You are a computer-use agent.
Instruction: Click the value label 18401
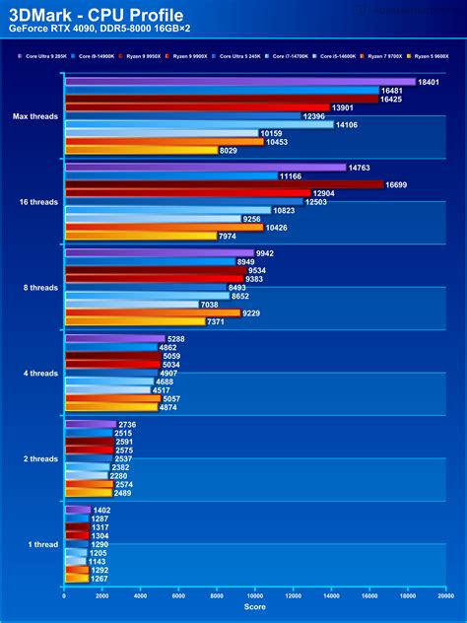coord(428,82)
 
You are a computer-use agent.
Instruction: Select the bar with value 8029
coord(141,150)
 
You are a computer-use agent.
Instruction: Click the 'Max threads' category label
coord(34,116)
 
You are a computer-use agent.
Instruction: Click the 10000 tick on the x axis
coord(255,595)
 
